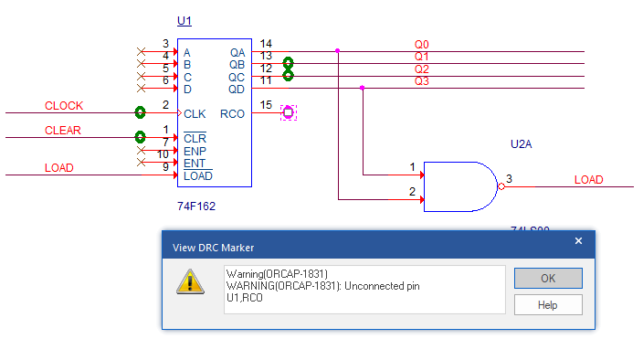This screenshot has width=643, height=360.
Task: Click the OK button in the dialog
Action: [548, 279]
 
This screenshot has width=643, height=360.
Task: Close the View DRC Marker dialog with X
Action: [578, 241]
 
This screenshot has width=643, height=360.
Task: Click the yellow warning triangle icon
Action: [190, 281]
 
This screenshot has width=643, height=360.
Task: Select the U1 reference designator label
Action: [184, 21]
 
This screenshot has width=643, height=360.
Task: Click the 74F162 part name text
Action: [196, 206]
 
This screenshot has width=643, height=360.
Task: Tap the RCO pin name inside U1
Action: [232, 114]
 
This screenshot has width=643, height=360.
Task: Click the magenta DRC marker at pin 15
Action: [289, 112]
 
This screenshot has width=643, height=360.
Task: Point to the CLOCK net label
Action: [64, 106]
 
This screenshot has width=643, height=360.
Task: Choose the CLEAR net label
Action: [63, 131]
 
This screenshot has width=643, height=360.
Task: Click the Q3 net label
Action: [422, 81]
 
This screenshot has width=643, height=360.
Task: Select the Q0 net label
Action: [422, 44]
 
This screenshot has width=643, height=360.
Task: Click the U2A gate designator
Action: [521, 144]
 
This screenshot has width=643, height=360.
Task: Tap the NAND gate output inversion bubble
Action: [501, 186]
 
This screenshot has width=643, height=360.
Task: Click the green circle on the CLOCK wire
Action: [141, 112]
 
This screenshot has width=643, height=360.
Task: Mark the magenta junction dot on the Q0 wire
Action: [338, 51]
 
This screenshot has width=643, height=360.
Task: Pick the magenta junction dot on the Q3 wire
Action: [362, 88]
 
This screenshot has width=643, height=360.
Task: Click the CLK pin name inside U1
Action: [195, 114]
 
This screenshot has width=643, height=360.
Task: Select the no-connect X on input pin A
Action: [141, 52]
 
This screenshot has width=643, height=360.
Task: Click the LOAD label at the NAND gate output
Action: [588, 180]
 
